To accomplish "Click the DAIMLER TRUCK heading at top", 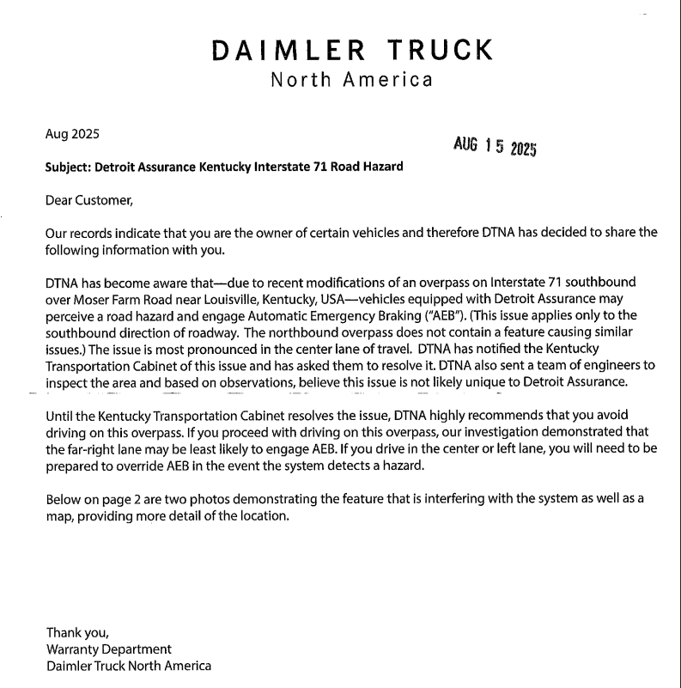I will tap(352, 49).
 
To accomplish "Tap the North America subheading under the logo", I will tap(351, 81).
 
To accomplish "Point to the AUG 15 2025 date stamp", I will tap(495, 146).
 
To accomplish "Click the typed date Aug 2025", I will tap(72, 134).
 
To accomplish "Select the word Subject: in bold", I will tap(67, 167).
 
